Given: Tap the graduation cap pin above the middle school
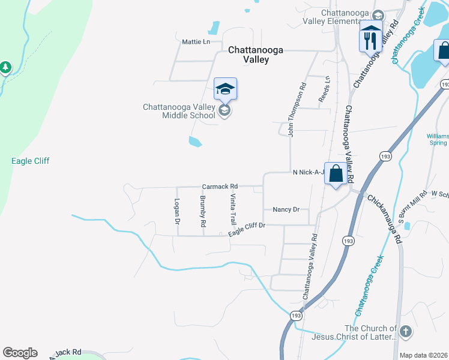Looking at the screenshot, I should coord(225,89).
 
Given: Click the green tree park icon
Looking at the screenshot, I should coord(5,67).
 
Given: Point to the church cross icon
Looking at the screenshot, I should coord(406,331).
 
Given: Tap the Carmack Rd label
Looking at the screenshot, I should coord(220,186).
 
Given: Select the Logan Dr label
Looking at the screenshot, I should coord(177,211).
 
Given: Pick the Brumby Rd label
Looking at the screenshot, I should coord(203,211).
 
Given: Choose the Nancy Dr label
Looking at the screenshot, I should coord(286,209).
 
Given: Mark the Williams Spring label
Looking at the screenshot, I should coord(438,139).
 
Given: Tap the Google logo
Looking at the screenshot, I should coord(20,353).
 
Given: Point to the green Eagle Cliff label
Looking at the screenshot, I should coord(30,161).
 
